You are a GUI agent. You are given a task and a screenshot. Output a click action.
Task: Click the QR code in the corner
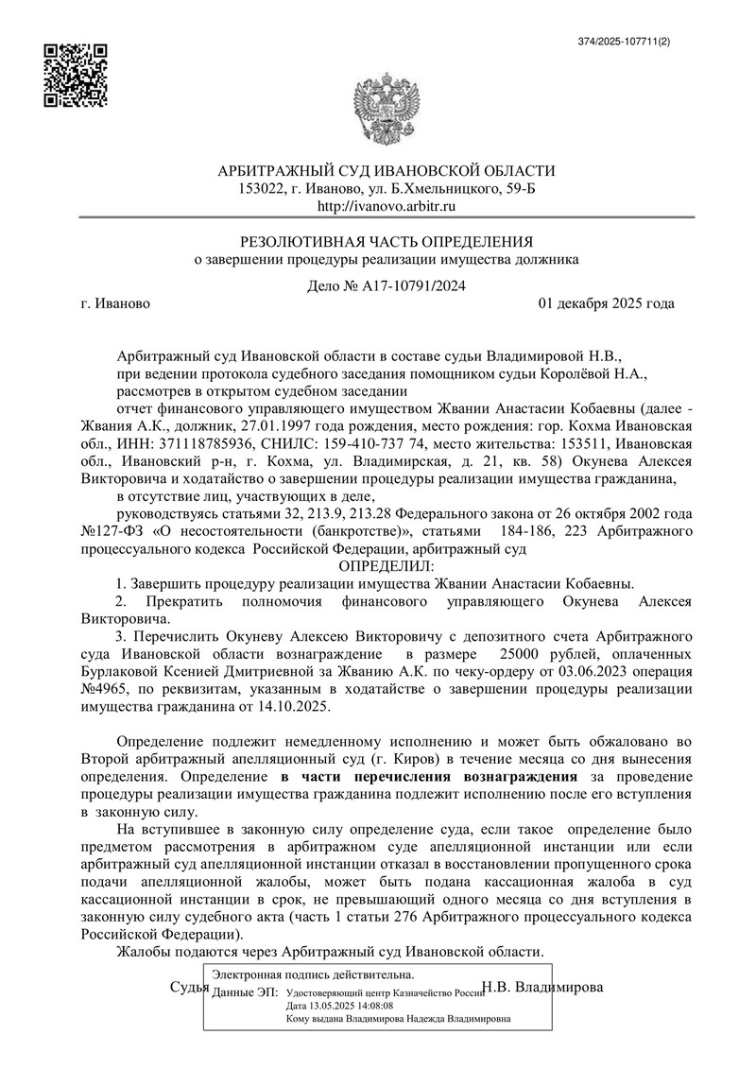coord(75,75)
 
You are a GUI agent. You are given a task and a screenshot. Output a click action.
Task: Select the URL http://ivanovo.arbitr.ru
coord(387,205)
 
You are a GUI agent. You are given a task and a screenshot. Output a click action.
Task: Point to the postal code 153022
coord(264,188)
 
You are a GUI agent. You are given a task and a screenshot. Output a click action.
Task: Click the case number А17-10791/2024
coord(414,286)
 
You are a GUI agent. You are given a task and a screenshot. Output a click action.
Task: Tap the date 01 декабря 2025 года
coord(606,304)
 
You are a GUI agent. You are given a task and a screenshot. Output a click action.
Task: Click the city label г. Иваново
coord(115,304)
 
